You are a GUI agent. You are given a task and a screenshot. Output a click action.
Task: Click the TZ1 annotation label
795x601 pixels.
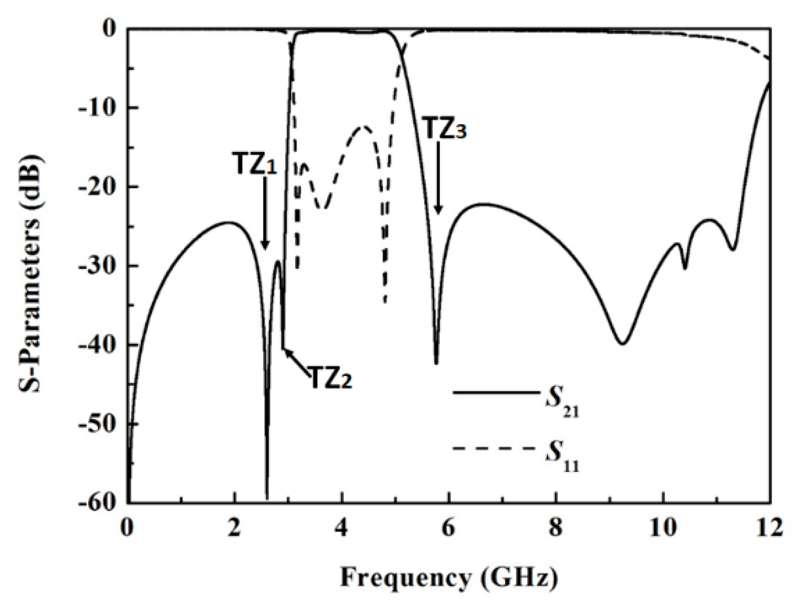(255, 164)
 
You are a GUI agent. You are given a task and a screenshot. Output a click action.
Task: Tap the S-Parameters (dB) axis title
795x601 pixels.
(32, 265)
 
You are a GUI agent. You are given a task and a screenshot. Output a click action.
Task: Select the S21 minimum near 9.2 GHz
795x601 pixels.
(623, 343)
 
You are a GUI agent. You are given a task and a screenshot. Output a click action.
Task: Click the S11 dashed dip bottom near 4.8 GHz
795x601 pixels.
(385, 302)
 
